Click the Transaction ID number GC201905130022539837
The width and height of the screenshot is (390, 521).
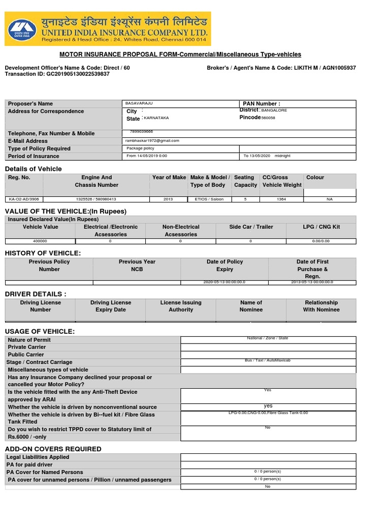(77, 74)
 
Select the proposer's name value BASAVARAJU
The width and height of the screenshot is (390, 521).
(139, 103)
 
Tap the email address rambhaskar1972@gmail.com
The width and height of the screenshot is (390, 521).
(152, 141)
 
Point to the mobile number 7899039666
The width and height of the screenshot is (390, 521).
(141, 132)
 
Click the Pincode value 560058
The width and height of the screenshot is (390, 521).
(268, 118)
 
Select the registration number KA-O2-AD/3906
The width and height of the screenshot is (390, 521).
(24, 199)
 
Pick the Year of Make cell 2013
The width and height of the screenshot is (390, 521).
(169, 199)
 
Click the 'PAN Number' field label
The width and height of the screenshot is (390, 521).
(262, 104)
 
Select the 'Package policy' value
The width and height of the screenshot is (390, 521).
(140, 149)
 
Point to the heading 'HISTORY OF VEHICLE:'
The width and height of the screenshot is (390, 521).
(43, 253)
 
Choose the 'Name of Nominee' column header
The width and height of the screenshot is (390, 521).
(251, 306)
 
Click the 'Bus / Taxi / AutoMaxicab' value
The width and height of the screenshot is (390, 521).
(268, 360)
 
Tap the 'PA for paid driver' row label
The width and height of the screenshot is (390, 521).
(30, 465)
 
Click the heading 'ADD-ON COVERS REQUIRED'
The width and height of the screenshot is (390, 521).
(53, 449)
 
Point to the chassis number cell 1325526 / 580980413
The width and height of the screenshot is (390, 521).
(96, 199)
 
